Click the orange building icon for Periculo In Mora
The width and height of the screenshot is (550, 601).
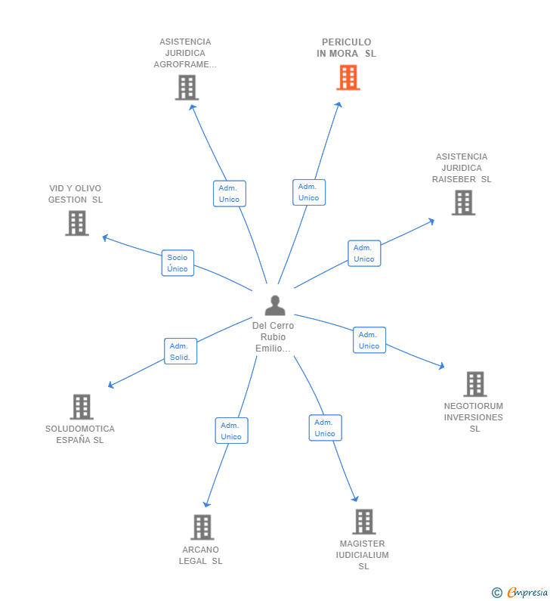(348, 77)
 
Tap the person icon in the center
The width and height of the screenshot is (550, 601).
(275, 305)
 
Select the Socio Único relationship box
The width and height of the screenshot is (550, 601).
(178, 263)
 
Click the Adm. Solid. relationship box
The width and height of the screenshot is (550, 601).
(181, 352)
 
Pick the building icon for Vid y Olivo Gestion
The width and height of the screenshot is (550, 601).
(77, 223)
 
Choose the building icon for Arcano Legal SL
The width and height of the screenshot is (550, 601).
(202, 527)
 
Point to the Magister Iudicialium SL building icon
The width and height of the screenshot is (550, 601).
(363, 521)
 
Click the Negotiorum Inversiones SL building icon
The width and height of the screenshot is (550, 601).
(474, 384)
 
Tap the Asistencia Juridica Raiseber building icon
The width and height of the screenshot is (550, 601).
(463, 203)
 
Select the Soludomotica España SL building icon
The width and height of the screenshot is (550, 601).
(81, 407)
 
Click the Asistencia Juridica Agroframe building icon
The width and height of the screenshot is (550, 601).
(186, 88)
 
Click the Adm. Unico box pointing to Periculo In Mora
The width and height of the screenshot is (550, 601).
(308, 192)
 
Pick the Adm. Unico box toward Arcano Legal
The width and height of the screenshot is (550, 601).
(231, 431)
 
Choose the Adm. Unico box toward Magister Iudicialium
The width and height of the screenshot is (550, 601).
(325, 428)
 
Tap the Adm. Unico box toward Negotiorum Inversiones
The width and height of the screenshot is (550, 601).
(369, 340)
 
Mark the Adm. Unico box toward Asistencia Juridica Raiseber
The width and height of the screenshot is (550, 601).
(363, 253)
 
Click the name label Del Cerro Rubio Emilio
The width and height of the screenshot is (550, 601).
(273, 337)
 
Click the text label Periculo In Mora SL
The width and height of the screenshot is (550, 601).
(346, 48)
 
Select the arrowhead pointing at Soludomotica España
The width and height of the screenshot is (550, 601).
(110, 386)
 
